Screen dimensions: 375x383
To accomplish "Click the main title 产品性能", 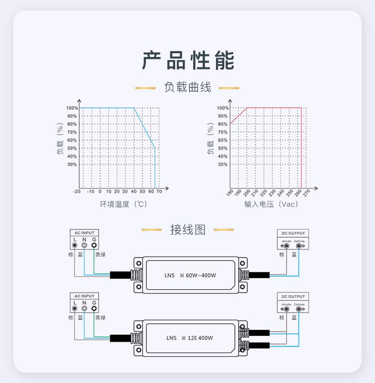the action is (x=188, y=60).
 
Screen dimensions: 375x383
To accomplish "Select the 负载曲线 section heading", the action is (x=187, y=87).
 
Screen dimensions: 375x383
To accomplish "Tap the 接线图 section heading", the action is (x=187, y=230).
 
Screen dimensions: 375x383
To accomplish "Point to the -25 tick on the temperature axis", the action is (x=77, y=191).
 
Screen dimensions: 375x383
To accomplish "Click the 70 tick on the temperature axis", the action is (x=159, y=191).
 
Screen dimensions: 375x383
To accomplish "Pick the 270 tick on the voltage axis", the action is (x=307, y=193).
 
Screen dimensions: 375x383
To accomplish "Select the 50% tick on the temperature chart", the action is (x=72, y=148).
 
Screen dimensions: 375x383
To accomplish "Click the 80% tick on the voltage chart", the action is (x=223, y=124).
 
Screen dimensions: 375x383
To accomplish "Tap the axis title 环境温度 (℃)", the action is (x=123, y=204).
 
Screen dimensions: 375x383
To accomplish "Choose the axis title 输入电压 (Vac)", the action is (x=271, y=204).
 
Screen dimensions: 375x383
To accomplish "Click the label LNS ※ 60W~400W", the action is (x=190, y=275).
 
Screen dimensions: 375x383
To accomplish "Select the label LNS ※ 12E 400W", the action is (x=189, y=338).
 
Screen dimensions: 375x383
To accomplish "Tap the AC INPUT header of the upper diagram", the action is (x=84, y=233).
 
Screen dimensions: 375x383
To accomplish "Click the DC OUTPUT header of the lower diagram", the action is (x=293, y=297).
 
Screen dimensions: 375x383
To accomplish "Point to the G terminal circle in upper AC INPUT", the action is (x=94, y=245).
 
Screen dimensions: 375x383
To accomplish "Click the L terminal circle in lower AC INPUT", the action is (x=75, y=308).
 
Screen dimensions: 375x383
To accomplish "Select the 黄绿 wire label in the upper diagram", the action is (x=100, y=255).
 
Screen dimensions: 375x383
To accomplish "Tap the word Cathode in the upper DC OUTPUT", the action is (x=299, y=241).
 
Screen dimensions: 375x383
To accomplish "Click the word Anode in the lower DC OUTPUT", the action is (x=286, y=304).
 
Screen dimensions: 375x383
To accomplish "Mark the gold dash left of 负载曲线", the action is (x=145, y=88).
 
